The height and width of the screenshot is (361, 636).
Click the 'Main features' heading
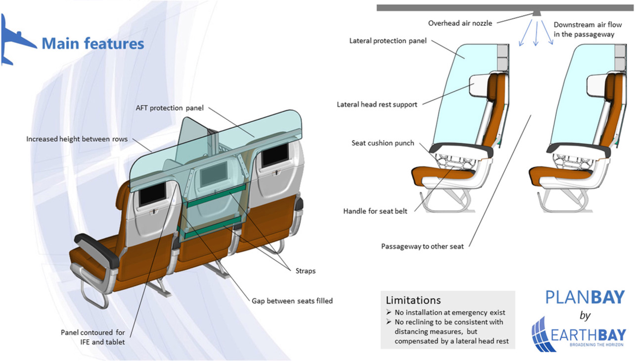(92, 44)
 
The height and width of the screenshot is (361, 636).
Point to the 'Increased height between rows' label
(77, 139)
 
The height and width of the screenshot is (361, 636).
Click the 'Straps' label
(306, 271)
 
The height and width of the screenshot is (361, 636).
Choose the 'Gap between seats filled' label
(292, 301)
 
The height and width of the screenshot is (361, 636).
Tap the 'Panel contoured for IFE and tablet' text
(92, 336)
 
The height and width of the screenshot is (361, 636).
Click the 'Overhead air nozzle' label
(460, 23)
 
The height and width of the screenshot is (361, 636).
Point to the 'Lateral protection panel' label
(388, 41)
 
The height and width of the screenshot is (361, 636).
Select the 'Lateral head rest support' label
(377, 104)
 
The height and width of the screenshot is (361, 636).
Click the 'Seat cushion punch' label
(383, 143)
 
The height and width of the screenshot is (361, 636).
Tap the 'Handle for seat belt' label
(375, 211)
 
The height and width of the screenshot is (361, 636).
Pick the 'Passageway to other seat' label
(422, 246)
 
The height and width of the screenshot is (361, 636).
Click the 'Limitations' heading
(413, 300)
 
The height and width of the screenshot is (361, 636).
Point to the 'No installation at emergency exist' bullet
(450, 312)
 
